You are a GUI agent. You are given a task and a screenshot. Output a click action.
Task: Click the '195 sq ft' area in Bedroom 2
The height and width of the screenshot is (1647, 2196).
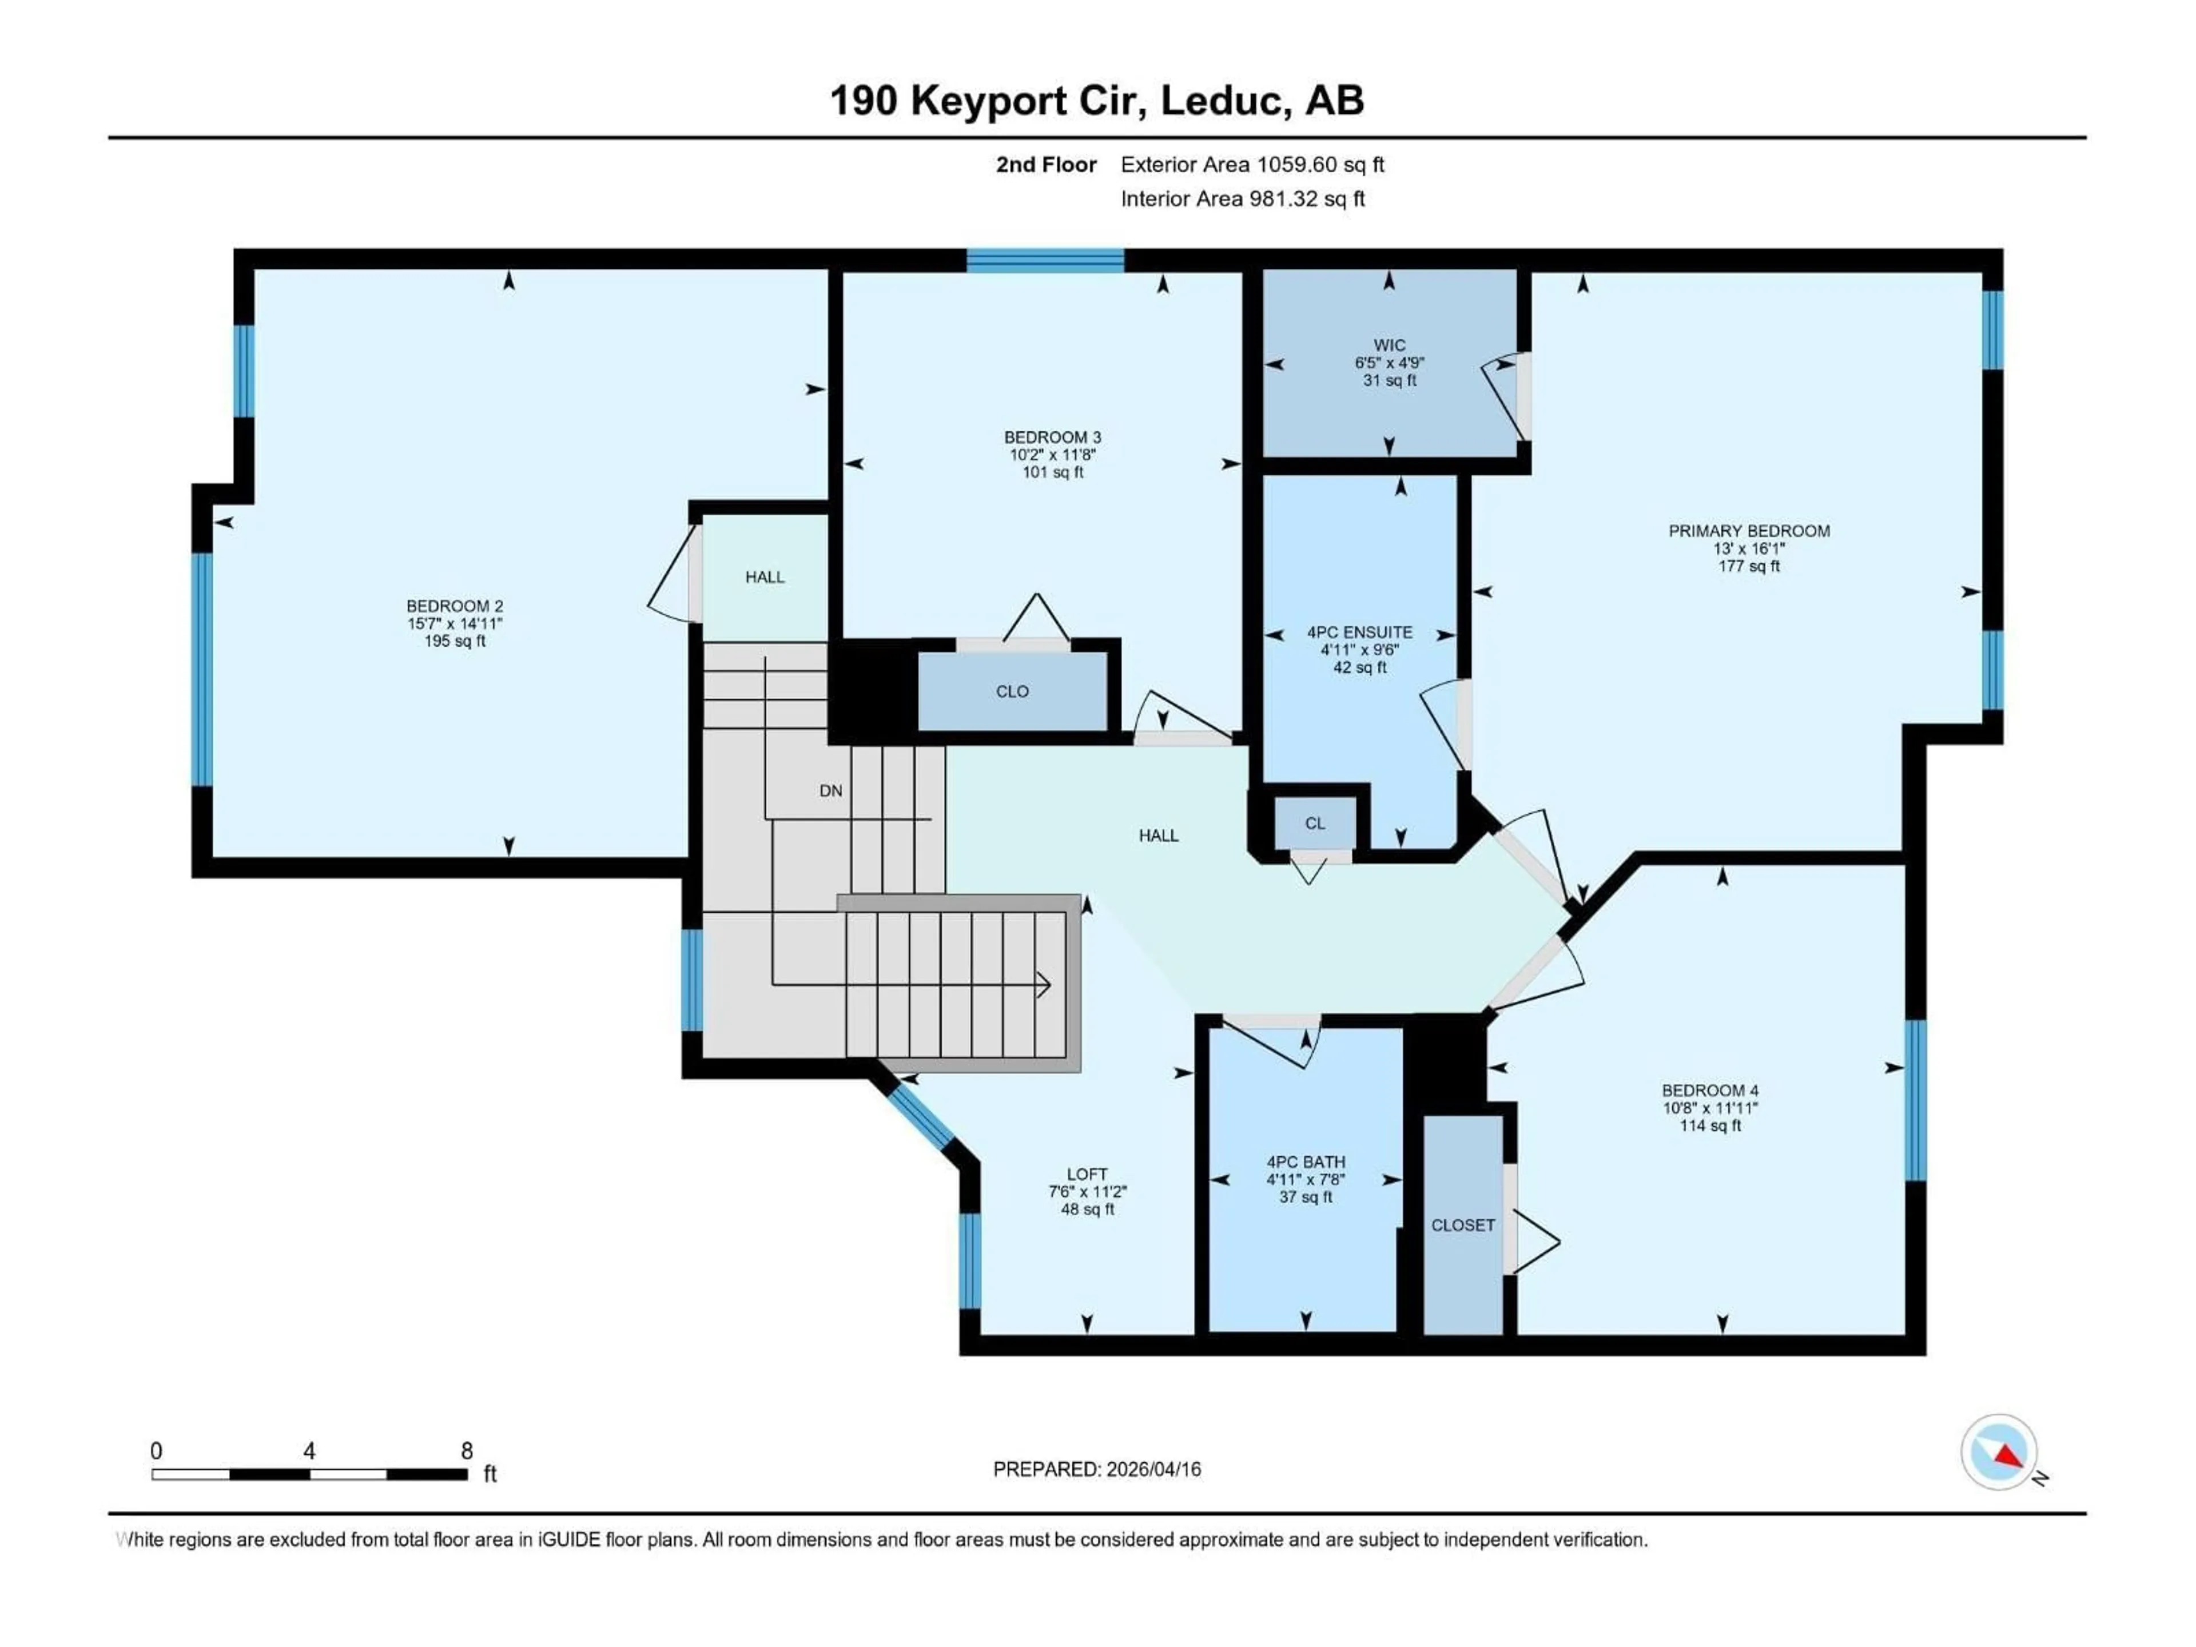pyautogui.click(x=455, y=641)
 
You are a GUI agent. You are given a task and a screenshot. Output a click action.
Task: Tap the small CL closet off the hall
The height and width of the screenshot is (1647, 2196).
pyautogui.click(x=1314, y=823)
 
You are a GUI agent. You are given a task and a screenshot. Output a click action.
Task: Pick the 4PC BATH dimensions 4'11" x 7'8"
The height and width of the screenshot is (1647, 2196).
pyautogui.click(x=1306, y=1179)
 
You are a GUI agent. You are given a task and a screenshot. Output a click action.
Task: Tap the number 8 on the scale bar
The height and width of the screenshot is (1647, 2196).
pyautogui.click(x=467, y=1450)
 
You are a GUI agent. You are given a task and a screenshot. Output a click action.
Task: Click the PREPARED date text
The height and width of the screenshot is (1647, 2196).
pyautogui.click(x=1096, y=1469)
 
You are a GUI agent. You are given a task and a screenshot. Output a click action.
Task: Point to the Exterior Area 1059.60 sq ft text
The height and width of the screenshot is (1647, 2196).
pyautogui.click(x=1252, y=165)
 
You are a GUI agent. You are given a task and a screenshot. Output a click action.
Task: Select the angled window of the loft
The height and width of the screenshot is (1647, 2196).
pyautogui.click(x=920, y=1119)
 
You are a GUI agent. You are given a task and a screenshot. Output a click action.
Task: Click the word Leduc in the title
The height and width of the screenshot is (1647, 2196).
pyautogui.click(x=1220, y=100)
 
